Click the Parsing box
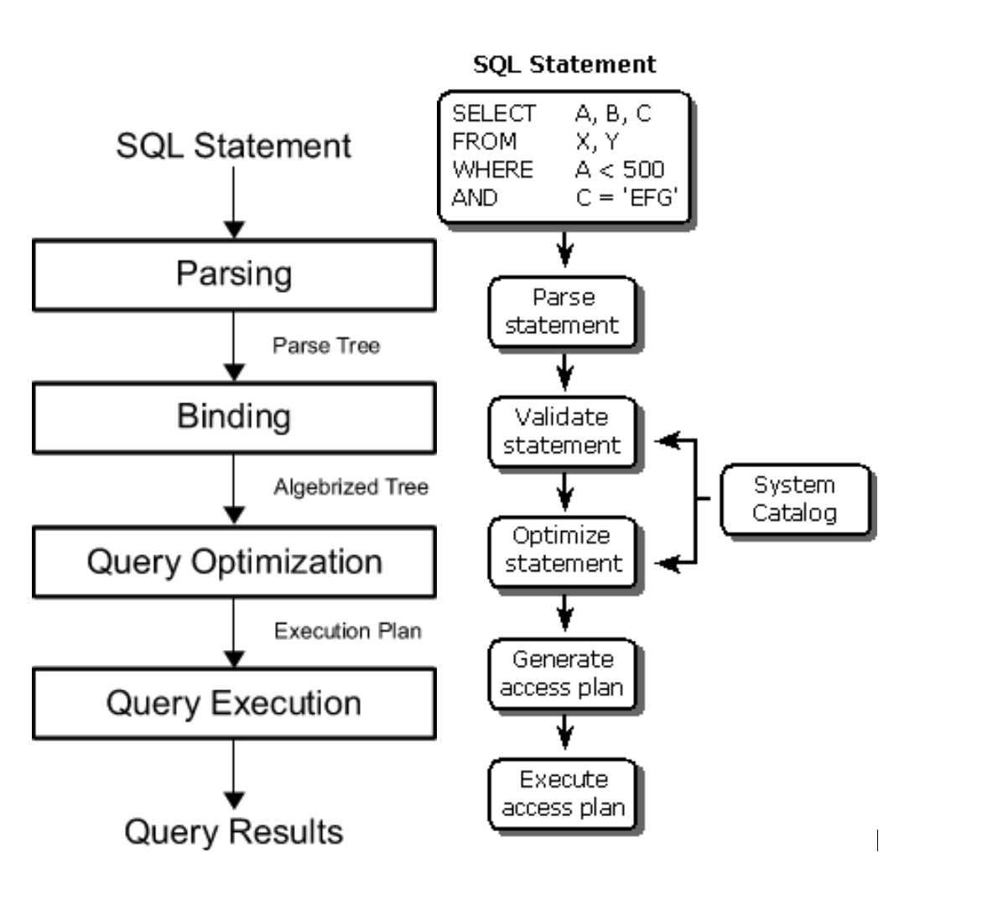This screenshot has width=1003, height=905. tap(234, 275)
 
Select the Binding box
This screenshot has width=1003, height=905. tap(234, 418)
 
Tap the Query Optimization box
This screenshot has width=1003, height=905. tap(234, 562)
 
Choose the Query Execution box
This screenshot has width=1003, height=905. tap(234, 704)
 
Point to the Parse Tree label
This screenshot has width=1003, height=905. tap(325, 346)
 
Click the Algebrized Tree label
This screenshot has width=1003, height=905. tap(351, 487)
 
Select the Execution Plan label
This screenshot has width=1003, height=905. tap(347, 631)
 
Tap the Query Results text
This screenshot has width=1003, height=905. tap(234, 832)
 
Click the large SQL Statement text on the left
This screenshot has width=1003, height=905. tap(233, 146)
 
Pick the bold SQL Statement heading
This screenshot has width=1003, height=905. tap(564, 65)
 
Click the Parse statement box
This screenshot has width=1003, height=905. tap(563, 312)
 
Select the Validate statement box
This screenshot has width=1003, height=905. tap(563, 432)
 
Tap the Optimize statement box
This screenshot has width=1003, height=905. tap(563, 550)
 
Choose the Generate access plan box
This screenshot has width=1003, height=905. tap(563, 674)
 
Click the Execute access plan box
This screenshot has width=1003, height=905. tap(563, 793)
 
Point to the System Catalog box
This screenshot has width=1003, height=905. tap(794, 499)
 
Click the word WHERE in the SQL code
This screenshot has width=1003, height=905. tap(493, 170)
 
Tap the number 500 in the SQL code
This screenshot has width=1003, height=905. tap(643, 170)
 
